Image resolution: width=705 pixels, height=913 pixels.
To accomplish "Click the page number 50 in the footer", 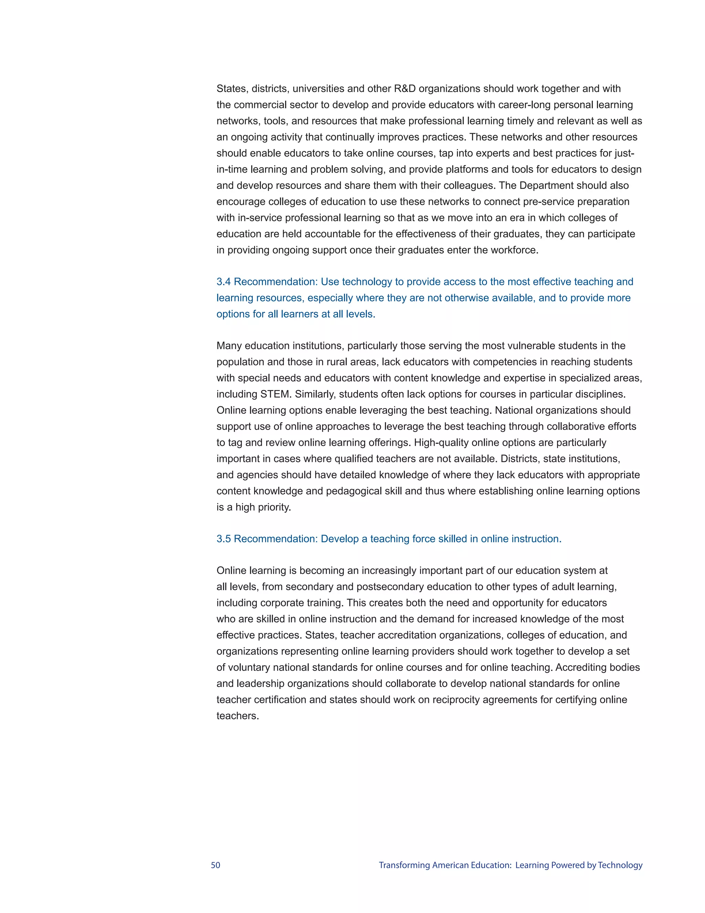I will click(215, 865).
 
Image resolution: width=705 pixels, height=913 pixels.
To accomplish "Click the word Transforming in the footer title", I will click(404, 865).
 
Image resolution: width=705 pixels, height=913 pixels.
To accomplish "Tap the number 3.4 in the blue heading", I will click(223, 282).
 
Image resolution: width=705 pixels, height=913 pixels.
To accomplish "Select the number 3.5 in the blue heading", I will click(223, 539).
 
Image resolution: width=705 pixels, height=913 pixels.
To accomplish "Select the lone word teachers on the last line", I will click(237, 716).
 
